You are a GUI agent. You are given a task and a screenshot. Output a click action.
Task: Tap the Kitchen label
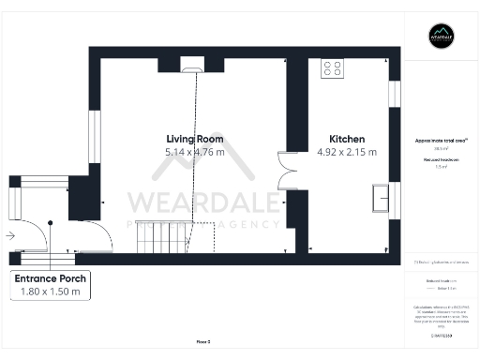pos(346,139)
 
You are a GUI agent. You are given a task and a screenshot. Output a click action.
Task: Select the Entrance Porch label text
pos(51,279)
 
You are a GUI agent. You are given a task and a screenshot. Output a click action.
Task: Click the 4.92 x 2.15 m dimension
pos(346,152)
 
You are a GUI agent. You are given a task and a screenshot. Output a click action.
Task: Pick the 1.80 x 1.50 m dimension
pos(51,292)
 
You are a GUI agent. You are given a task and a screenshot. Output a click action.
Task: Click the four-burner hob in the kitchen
pos(332,67)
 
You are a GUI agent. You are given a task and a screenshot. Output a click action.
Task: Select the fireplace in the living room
pos(191,65)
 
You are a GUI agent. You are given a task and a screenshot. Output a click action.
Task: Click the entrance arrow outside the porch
pos(8,235)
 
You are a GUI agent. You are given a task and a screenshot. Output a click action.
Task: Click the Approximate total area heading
pos(441,140)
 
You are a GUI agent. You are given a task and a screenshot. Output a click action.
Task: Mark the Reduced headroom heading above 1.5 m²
pos(441,159)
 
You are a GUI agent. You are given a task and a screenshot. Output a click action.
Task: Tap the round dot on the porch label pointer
pos(51,223)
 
